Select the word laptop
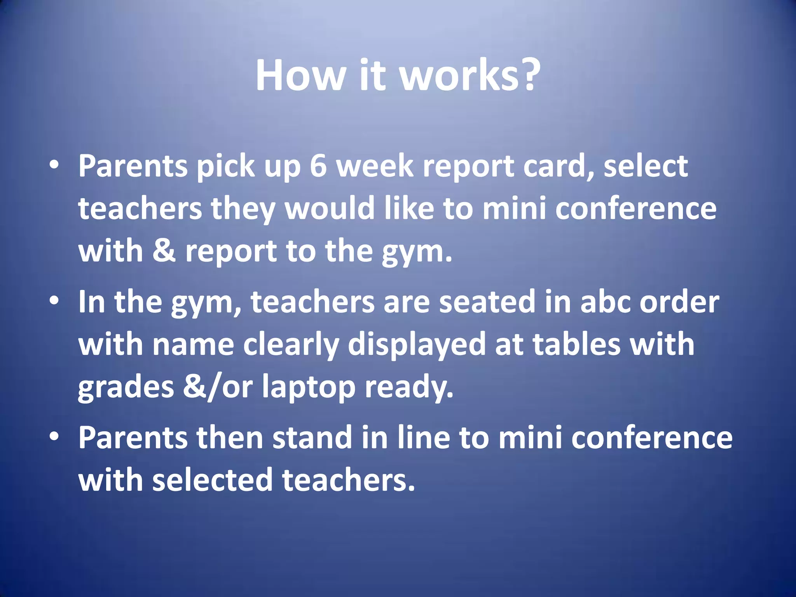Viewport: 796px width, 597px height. pos(309,388)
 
